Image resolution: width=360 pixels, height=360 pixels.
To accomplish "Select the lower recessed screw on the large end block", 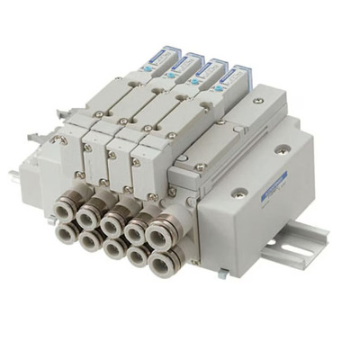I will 239,192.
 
